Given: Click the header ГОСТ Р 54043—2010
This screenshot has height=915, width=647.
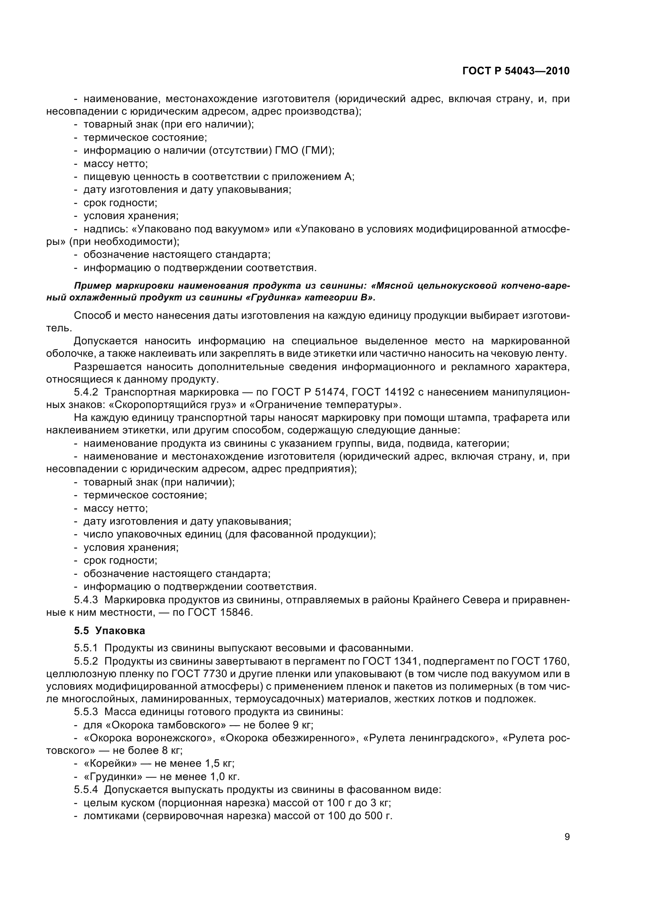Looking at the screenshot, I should pyautogui.click(x=515, y=71).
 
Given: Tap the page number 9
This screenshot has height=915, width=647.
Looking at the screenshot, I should pyautogui.click(x=567, y=837).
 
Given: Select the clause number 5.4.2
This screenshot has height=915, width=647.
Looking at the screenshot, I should pyautogui.click(x=86, y=392).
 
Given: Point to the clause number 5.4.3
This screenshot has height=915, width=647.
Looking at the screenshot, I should pyautogui.click(x=86, y=600).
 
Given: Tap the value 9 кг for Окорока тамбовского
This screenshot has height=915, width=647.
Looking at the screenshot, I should pyautogui.click(x=305, y=724).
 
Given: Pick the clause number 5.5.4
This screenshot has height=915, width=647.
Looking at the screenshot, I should pyautogui.click(x=86, y=789).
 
